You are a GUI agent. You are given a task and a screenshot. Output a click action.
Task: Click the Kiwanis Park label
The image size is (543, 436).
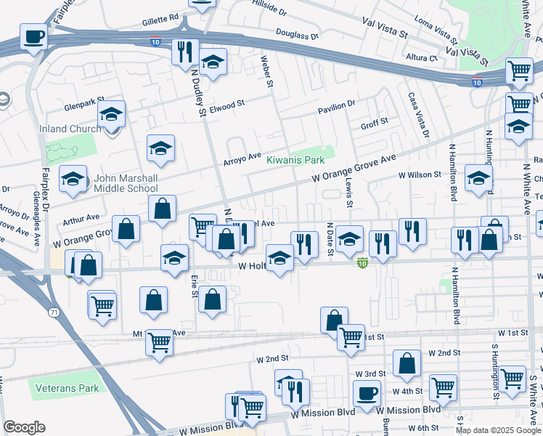(x=295, y=159)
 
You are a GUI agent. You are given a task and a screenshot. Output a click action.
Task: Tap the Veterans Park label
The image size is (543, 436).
(x=69, y=388)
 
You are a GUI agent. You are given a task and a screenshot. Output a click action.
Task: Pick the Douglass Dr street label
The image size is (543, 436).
(x=298, y=34)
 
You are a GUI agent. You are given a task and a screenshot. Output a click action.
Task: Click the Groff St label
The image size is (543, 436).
(x=375, y=123)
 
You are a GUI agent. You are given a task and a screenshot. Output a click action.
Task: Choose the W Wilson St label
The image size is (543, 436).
(x=419, y=174)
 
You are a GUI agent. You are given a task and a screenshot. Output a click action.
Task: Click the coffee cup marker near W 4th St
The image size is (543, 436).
(x=367, y=394)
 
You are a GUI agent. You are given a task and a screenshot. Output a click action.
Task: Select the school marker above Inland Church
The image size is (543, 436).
(x=112, y=114)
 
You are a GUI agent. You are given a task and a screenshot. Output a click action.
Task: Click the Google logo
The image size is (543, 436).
(x=24, y=427)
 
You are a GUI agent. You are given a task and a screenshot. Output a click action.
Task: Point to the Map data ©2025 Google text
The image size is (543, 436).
(x=498, y=430)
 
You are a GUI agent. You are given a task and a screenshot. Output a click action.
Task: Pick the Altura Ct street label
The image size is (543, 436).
(x=423, y=57)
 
